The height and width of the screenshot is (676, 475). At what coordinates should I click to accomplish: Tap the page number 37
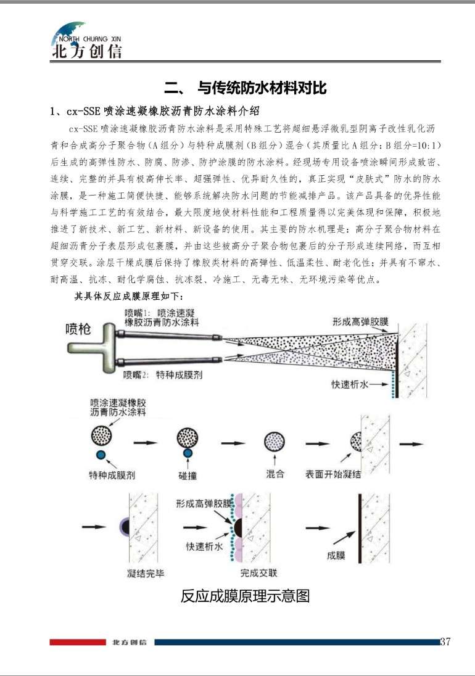click(445, 641)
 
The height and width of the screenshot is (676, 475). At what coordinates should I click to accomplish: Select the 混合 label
click(275, 474)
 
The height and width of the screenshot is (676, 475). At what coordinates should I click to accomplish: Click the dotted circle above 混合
click(275, 442)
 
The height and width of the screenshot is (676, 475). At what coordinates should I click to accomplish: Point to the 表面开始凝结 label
click(334, 474)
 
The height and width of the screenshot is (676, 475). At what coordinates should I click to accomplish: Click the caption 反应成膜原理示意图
click(245, 596)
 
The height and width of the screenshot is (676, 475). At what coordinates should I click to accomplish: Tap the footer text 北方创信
click(130, 642)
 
